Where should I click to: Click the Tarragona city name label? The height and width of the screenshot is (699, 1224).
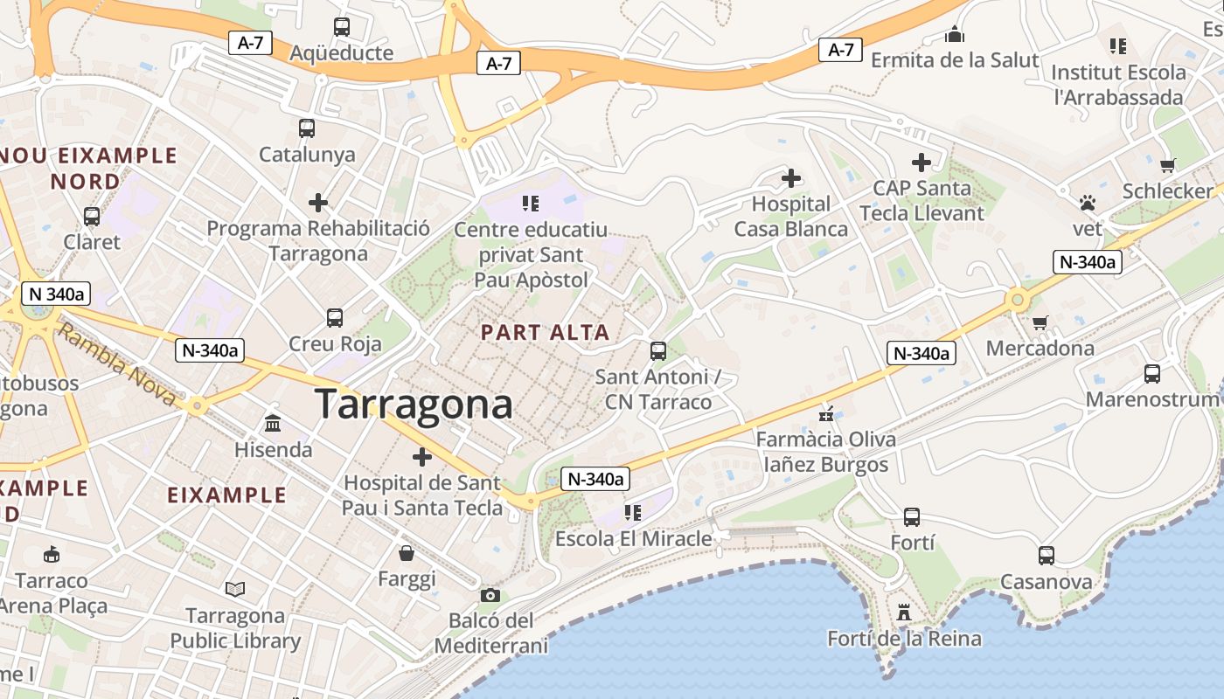414,405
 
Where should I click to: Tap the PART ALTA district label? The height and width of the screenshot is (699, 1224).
545,333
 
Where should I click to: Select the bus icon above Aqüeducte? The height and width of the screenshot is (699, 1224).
341,27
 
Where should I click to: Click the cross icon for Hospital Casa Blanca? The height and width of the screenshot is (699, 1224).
791,179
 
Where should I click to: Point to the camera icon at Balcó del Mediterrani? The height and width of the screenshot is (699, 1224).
490,595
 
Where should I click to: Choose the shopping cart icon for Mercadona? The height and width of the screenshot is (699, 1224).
1040,323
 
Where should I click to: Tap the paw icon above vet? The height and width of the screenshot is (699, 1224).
1088,204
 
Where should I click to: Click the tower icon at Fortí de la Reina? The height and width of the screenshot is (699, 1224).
904,612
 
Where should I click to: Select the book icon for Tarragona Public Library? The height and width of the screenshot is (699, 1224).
235,590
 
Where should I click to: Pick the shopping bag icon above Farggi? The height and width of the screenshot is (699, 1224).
407,553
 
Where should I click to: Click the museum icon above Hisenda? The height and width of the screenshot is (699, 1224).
273,425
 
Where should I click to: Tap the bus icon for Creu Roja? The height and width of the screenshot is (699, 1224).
335,318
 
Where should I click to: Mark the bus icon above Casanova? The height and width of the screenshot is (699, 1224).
1046,556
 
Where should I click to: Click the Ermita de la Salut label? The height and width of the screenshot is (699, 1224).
955,60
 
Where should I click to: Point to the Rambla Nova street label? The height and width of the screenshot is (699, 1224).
118,365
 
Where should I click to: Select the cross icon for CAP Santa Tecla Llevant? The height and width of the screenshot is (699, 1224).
921,163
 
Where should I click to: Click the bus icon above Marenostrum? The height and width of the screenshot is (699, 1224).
1152,374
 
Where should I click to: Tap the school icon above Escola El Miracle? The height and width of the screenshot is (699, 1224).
633,513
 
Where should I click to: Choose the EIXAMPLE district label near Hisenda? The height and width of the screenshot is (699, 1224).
226,495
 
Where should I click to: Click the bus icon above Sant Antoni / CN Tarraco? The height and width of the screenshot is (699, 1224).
658,351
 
